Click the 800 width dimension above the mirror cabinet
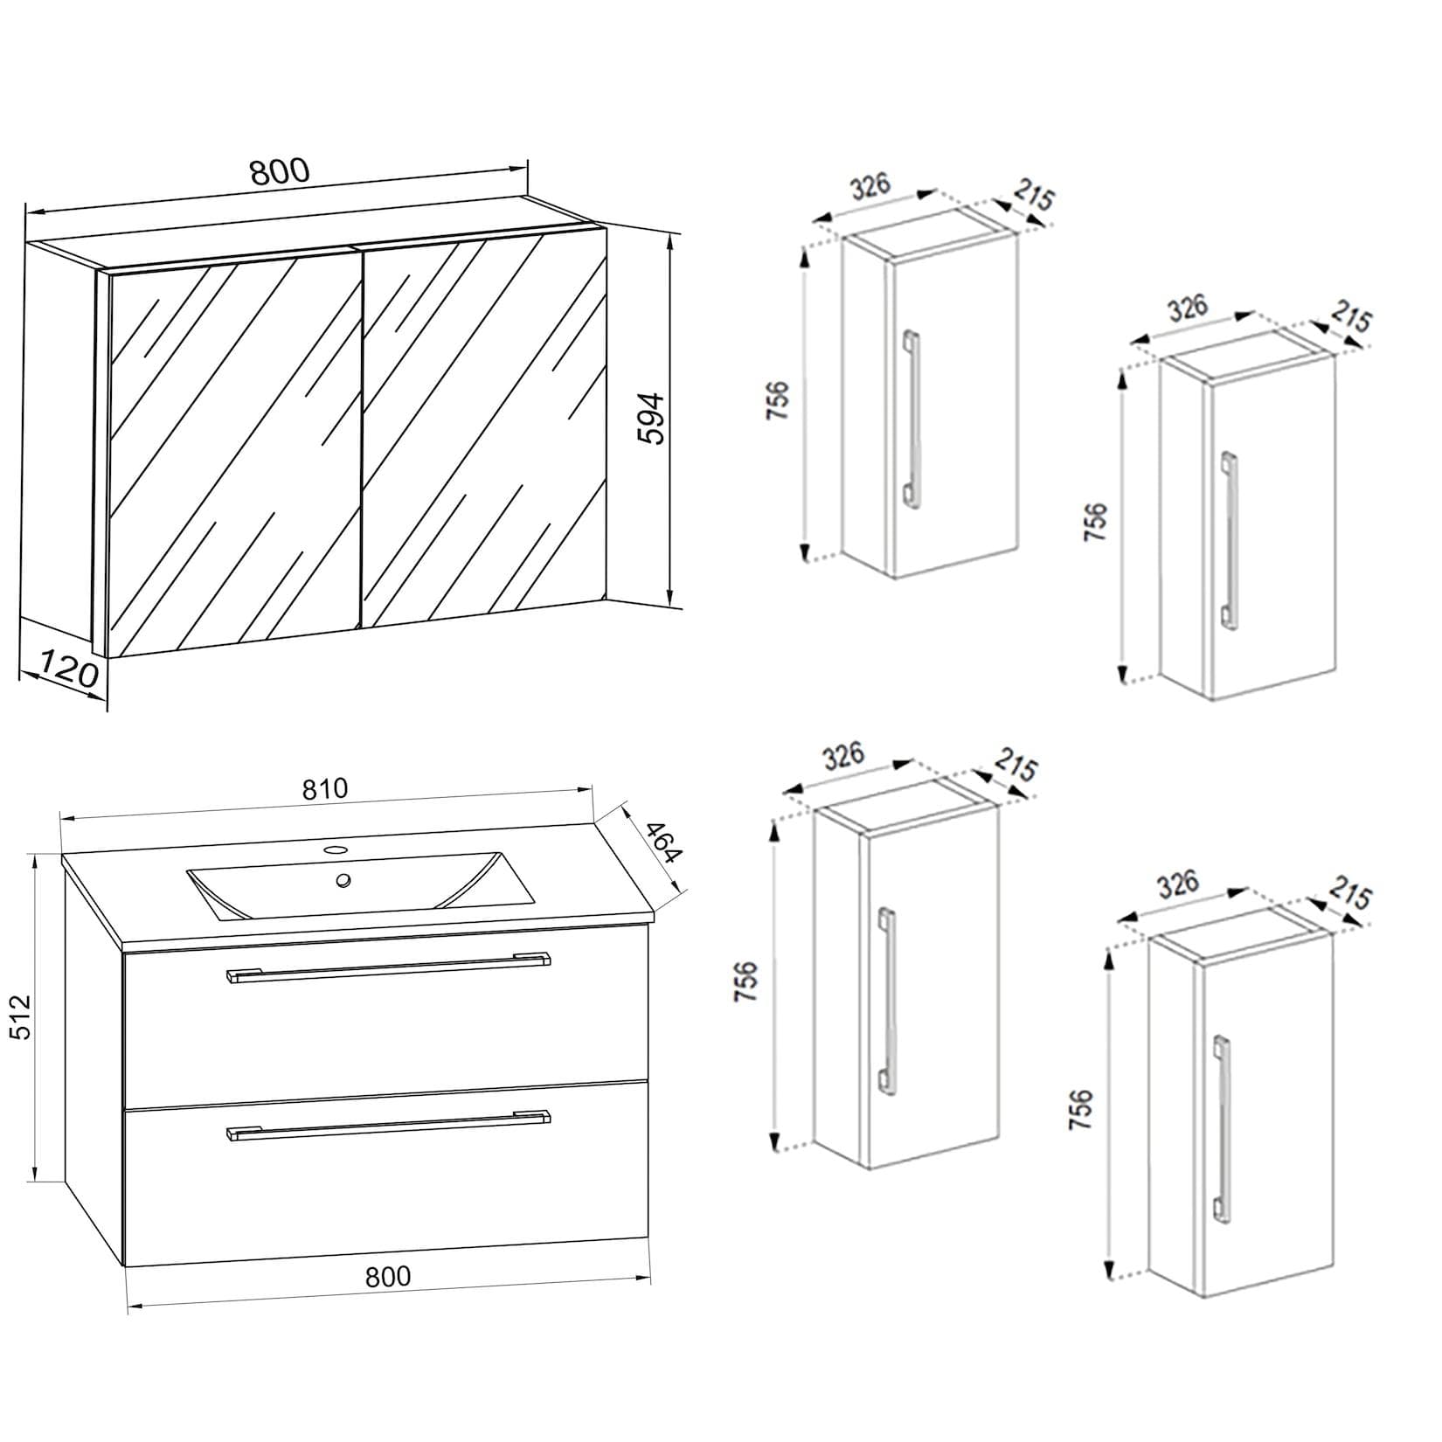280,171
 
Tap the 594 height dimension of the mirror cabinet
651,420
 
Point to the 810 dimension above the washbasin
325,789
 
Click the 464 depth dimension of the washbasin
663,842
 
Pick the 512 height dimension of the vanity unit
20,1016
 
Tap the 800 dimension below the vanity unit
388,1277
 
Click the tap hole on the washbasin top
336,849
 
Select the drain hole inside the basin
344,881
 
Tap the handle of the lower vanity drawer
388,1125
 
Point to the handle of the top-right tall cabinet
1230,539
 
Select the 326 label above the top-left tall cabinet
870,187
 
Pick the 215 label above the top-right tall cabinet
1350,319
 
